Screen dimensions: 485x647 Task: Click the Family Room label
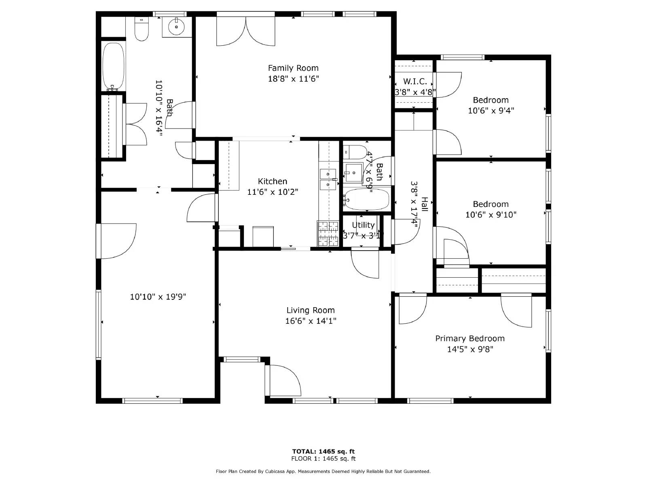pos(293,68)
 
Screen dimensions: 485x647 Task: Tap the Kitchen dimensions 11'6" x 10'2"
pos(273,192)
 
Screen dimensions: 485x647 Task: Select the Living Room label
pos(311,310)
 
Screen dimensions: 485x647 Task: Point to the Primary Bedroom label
pos(470,338)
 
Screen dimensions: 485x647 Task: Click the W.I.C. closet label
pos(415,81)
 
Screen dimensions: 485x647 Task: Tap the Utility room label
pos(363,225)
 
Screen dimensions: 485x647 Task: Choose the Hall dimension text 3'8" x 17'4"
pos(414,204)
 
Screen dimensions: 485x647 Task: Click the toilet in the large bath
pos(142,30)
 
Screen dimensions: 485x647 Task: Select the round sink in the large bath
pos(177,27)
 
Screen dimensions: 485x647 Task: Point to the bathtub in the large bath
pos(113,67)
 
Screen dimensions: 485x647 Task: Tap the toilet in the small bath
pos(356,152)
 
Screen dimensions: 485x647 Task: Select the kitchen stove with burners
pos(328,234)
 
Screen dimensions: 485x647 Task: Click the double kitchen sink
pos(328,179)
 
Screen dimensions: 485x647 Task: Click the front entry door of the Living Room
pos(283,380)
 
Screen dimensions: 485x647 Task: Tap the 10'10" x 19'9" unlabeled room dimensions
pos(158,297)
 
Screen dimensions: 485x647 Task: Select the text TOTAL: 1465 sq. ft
pos(323,451)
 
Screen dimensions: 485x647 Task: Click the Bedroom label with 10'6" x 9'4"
pos(491,100)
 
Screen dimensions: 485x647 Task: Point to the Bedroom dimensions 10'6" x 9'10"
pos(491,215)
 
